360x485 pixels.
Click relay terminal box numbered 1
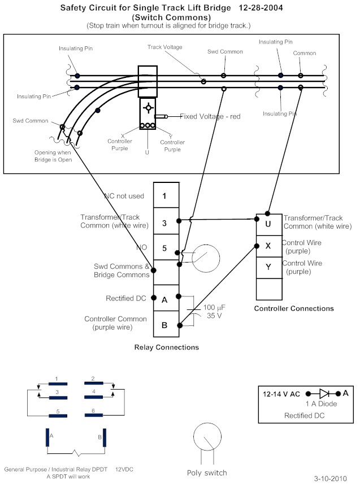(165, 196)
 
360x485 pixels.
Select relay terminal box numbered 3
(165, 223)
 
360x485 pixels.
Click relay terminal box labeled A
(165, 299)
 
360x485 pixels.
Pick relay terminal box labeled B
(165, 325)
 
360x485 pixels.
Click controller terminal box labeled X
(268, 246)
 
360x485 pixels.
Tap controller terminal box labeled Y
(268, 267)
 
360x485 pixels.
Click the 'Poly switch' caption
(207, 473)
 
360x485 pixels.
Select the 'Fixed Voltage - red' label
(210, 116)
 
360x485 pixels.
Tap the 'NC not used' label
(124, 196)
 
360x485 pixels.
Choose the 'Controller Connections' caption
(294, 308)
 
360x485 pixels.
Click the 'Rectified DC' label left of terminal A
(125, 298)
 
